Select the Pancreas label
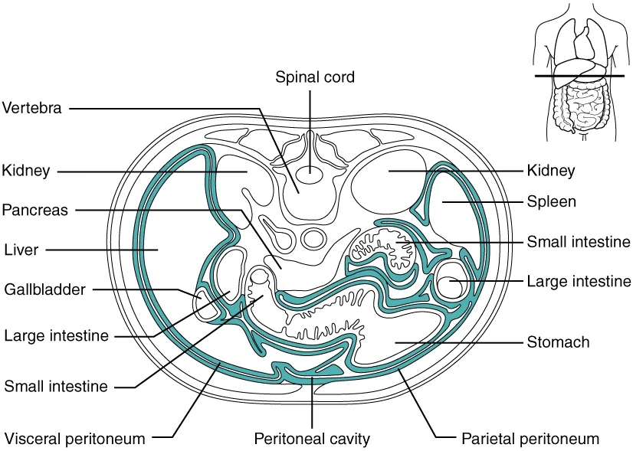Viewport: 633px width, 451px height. (35, 209)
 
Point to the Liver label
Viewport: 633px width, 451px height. (21, 249)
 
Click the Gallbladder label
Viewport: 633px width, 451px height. (44, 289)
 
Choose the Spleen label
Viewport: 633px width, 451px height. (551, 202)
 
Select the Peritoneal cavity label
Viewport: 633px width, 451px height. (312, 439)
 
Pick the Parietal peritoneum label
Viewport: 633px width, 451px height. (530, 439)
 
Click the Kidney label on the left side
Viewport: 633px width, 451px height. (26, 171)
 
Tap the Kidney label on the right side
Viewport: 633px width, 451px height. (550, 171)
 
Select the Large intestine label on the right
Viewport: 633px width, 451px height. (579, 282)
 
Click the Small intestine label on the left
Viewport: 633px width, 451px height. (56, 386)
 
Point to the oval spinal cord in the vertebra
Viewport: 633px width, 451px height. (310, 175)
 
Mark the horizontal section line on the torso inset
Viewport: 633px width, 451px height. (582, 77)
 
